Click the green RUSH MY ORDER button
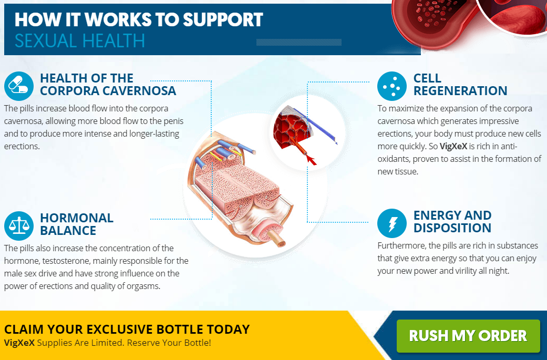coord(468,336)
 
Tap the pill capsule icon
coord(19,86)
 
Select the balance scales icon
coord(19,225)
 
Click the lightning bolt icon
coord(392,223)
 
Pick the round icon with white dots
coord(392,86)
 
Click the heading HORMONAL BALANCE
coord(77,224)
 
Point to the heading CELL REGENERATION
coord(460,85)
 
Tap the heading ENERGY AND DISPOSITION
coord(452,221)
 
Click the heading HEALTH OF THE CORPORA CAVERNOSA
coord(108,85)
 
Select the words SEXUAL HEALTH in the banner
coord(79,40)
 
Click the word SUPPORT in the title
coord(223,19)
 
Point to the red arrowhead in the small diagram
coord(311,160)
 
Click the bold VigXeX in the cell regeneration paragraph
coord(453,146)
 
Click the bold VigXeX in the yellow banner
coord(19,343)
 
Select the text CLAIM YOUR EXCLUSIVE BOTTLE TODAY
coord(127,329)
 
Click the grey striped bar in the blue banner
coord(299,42)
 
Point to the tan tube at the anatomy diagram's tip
coord(278,239)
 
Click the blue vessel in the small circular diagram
coord(316,126)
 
